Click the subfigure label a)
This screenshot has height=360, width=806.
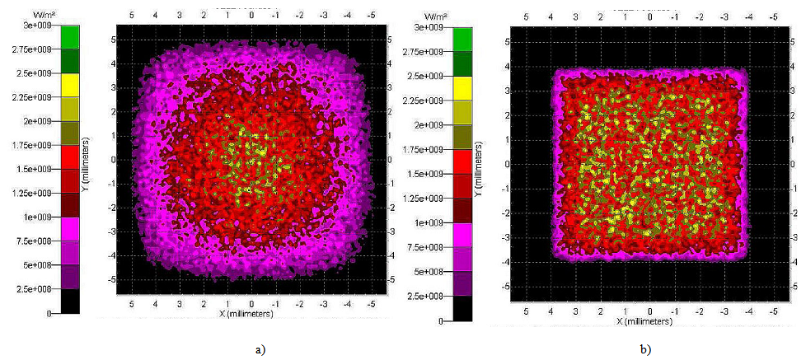click(x=261, y=349)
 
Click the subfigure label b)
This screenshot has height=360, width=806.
click(x=645, y=349)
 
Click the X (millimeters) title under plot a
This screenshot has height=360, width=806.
click(x=251, y=315)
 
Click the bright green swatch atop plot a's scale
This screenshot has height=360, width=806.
click(x=70, y=37)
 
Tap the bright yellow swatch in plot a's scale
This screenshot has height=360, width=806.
click(x=70, y=85)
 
